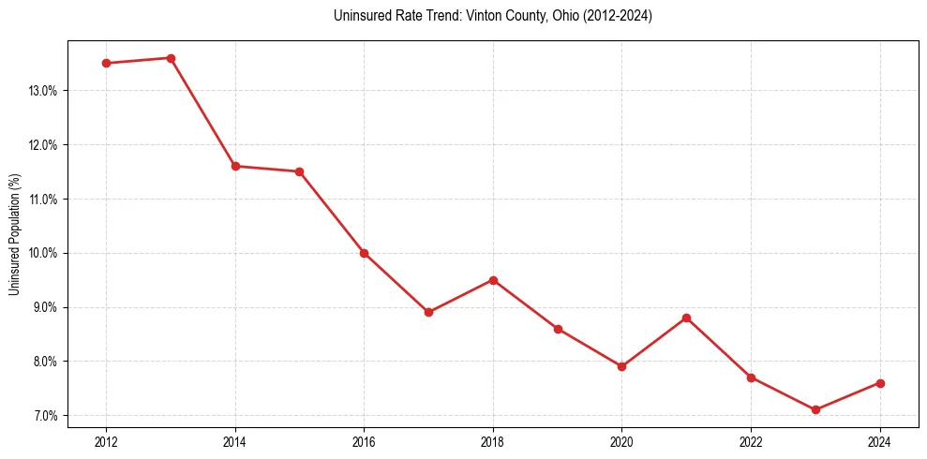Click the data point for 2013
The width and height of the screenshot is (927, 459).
click(x=171, y=58)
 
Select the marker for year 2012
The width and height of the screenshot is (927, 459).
click(x=106, y=63)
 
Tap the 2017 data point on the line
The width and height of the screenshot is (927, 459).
click(x=428, y=312)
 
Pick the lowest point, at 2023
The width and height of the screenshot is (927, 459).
click(x=815, y=409)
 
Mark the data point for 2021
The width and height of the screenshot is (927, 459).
click(x=686, y=318)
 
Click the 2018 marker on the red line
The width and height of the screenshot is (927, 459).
click(x=493, y=280)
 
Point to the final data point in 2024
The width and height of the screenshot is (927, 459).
click(x=880, y=383)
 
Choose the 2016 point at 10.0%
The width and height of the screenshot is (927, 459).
click(x=364, y=253)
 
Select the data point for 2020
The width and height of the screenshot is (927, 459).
click(x=621, y=366)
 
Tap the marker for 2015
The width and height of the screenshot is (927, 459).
click(x=299, y=171)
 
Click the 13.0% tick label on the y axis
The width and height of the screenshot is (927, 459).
click(x=43, y=91)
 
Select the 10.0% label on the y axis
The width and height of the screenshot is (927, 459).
click(x=43, y=253)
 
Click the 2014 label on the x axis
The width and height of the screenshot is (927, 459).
click(x=235, y=441)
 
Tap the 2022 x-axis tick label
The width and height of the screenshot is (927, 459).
click(x=751, y=441)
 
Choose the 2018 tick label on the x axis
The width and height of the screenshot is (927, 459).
click(x=493, y=441)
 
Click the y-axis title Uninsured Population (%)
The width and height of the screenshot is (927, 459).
click(x=15, y=234)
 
